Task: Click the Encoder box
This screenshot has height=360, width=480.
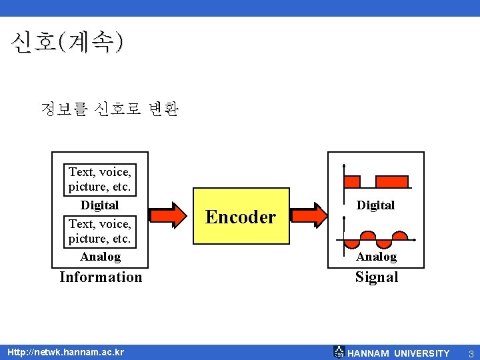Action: (x=241, y=217)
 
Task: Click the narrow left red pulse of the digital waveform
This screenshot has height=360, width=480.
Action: (x=351, y=181)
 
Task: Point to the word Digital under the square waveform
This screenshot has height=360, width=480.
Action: (x=375, y=205)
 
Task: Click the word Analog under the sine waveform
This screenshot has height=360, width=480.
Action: (x=376, y=257)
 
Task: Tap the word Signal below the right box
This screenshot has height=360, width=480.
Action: (x=376, y=277)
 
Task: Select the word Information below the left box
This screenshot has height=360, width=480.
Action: (x=101, y=277)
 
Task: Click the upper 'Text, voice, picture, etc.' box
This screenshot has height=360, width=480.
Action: (x=100, y=179)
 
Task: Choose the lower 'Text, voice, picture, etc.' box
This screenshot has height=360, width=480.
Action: (x=100, y=231)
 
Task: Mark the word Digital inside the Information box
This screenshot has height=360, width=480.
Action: (x=99, y=205)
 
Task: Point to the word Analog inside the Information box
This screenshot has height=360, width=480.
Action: (x=100, y=257)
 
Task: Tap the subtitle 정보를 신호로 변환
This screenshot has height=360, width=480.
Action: (x=109, y=109)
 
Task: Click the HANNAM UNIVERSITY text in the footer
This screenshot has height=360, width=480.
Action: (x=399, y=353)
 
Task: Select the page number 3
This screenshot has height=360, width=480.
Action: (x=471, y=353)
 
